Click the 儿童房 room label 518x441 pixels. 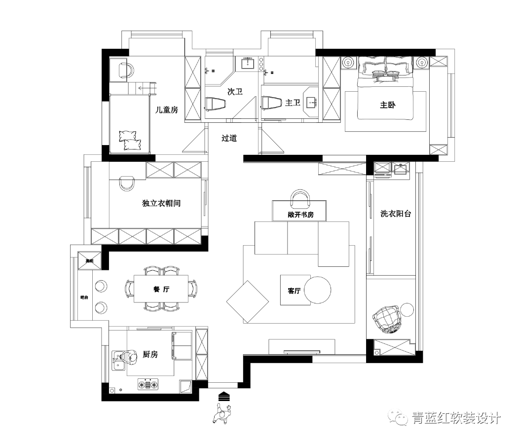166,110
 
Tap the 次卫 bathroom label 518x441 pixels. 234,92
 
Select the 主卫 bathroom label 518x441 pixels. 293,103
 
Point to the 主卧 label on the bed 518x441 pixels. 388,105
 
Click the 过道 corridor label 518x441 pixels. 229,138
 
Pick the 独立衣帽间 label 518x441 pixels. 161,203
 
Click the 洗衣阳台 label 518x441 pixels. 396,214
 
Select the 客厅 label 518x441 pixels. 294,291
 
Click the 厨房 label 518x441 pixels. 150,354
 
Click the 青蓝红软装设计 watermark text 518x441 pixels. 456,418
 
